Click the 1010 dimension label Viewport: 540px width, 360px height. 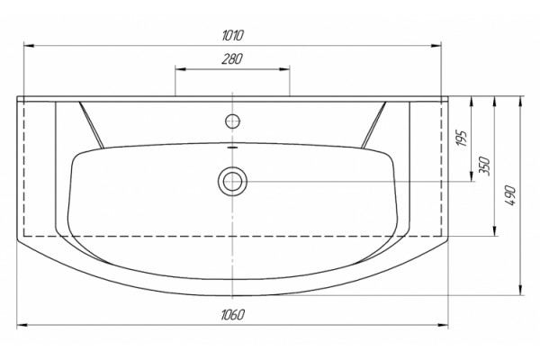click(233, 35)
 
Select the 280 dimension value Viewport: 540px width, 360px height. click(232, 58)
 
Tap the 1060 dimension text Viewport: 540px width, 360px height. click(233, 314)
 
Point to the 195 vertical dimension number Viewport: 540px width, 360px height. click(463, 138)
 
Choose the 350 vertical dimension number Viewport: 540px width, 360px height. click(485, 166)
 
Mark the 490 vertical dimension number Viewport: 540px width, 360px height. click(511, 195)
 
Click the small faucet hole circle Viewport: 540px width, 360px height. click(232, 121)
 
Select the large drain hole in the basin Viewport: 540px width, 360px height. click(232, 181)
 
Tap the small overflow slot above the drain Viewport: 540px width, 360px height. click(233, 147)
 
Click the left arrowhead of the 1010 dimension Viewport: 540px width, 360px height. click(29, 46)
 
